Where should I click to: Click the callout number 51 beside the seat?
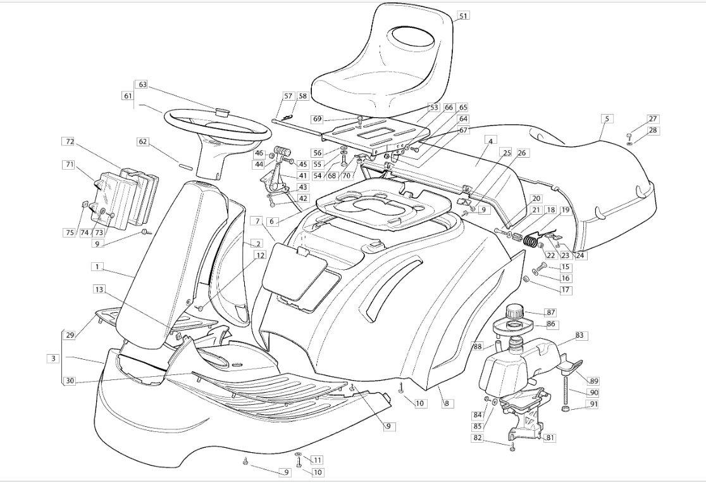pos(463,15)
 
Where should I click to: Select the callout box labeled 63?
pos(142,84)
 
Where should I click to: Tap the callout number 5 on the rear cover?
pos(607,118)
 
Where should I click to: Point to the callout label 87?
pos(550,312)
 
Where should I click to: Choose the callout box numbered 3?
pos(54,358)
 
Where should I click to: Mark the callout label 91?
pos(593,404)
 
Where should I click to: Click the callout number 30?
pos(69,381)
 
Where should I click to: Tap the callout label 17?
pos(565,289)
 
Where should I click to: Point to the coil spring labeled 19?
pos(531,238)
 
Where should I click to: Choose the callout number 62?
pos(143,142)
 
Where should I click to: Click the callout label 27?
pos(653,119)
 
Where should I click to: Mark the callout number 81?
pos(550,437)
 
